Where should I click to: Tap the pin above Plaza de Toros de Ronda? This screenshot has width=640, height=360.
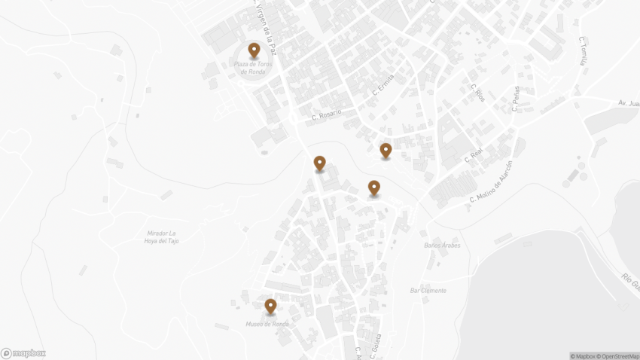[x=254, y=50]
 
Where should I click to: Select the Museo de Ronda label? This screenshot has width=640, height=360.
[x=267, y=325]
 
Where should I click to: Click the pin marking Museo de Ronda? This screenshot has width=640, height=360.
[x=270, y=306]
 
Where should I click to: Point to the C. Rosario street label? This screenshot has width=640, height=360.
[x=327, y=115]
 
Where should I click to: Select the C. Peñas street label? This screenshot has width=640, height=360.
[x=516, y=99]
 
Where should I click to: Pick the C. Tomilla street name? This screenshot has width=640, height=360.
[x=582, y=50]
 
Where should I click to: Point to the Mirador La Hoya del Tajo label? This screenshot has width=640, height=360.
[x=163, y=236]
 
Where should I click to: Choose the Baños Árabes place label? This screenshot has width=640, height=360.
[x=442, y=246]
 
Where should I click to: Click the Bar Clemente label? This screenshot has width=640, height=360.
[x=428, y=291]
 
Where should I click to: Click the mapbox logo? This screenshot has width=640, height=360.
[x=23, y=353]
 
